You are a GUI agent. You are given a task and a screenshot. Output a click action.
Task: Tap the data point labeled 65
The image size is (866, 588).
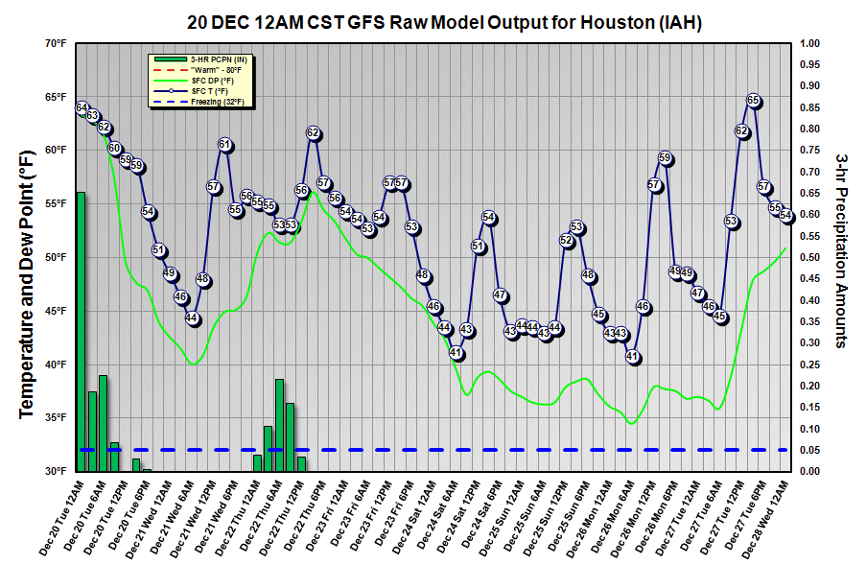tap(753, 101)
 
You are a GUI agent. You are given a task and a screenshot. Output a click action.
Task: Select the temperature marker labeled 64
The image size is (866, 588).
tap(82, 107)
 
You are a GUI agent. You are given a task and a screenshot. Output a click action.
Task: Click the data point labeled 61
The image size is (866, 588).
tap(224, 145)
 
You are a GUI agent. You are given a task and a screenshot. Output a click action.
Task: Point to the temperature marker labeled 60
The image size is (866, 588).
tap(115, 149)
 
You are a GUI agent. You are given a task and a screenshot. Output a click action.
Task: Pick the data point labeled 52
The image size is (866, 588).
tap(567, 241)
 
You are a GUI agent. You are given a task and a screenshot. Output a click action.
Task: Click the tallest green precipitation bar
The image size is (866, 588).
tap(81, 331)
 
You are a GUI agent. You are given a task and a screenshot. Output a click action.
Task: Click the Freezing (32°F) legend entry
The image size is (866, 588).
tap(202, 103)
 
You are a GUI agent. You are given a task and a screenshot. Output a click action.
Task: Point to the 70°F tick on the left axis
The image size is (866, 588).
tap(55, 44)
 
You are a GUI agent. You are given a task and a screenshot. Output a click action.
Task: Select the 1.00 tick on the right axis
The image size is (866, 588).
tap(811, 44)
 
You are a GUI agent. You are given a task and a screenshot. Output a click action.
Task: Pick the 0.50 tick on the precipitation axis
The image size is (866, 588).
tap(811, 258)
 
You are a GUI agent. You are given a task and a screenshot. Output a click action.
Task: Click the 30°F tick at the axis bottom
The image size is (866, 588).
tap(55, 472)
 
